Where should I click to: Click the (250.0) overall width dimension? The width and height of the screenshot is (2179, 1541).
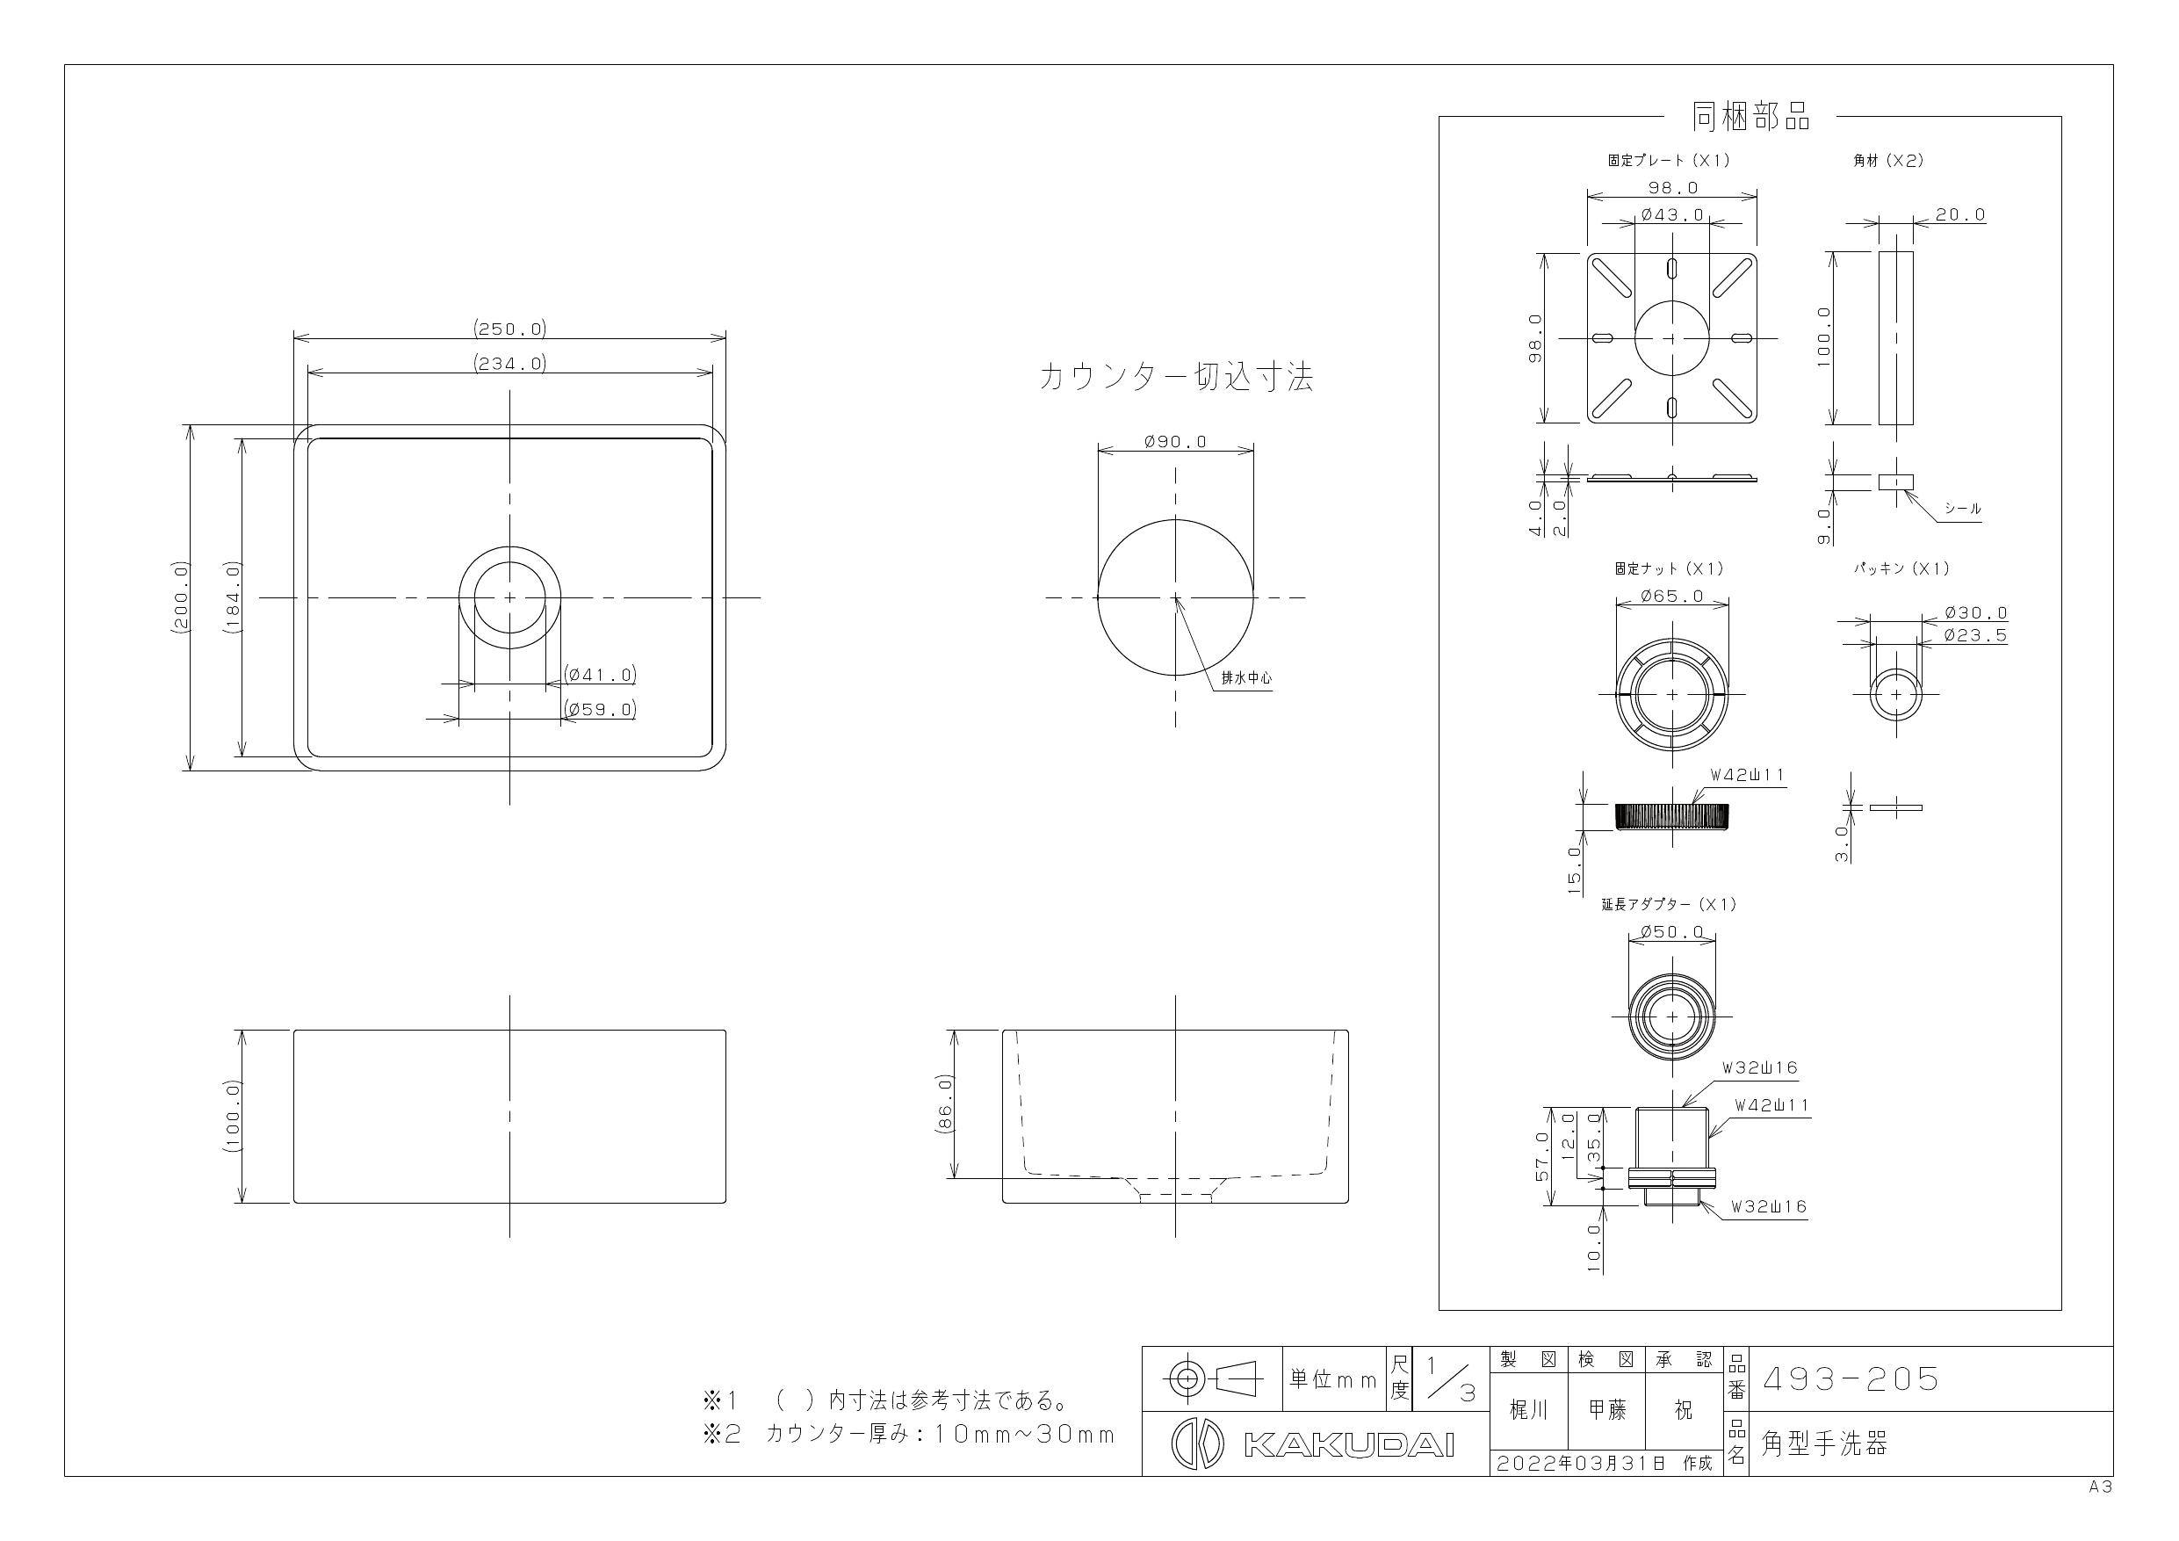509,329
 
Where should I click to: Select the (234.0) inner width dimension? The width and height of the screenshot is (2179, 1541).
509,364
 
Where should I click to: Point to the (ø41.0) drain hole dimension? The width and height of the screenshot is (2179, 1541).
600,675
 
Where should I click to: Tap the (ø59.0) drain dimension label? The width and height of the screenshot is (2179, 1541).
600,709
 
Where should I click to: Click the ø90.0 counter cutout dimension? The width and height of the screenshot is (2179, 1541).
1175,442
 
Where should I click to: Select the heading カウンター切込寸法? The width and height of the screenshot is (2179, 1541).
1175,378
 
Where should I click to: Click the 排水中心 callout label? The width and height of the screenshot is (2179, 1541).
1245,678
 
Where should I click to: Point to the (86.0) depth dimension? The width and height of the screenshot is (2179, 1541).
944,1103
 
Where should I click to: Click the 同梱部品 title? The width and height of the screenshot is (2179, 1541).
1750,117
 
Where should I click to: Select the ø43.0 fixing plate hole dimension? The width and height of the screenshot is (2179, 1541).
1672,215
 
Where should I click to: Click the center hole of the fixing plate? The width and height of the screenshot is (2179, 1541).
1672,338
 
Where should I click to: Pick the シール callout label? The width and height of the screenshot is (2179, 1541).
1963,508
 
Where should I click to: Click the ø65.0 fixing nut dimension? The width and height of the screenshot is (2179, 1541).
1671,597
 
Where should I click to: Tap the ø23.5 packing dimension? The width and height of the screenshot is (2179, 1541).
1975,636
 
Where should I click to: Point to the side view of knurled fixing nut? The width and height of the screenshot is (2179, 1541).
1671,815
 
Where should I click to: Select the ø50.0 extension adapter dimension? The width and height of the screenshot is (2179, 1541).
1671,932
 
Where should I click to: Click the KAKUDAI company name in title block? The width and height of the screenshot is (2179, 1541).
1348,1446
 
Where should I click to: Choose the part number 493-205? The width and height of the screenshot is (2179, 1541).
1850,1379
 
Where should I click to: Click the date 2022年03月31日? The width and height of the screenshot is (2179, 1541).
1580,1463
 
